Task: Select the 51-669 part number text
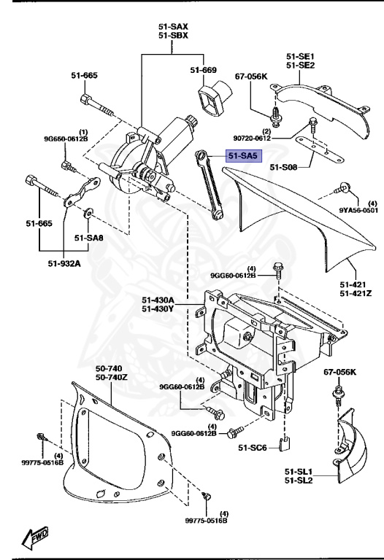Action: tap(204, 70)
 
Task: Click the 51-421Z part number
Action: tap(356, 294)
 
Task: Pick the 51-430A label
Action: tap(158, 300)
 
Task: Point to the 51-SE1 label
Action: tap(300, 55)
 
